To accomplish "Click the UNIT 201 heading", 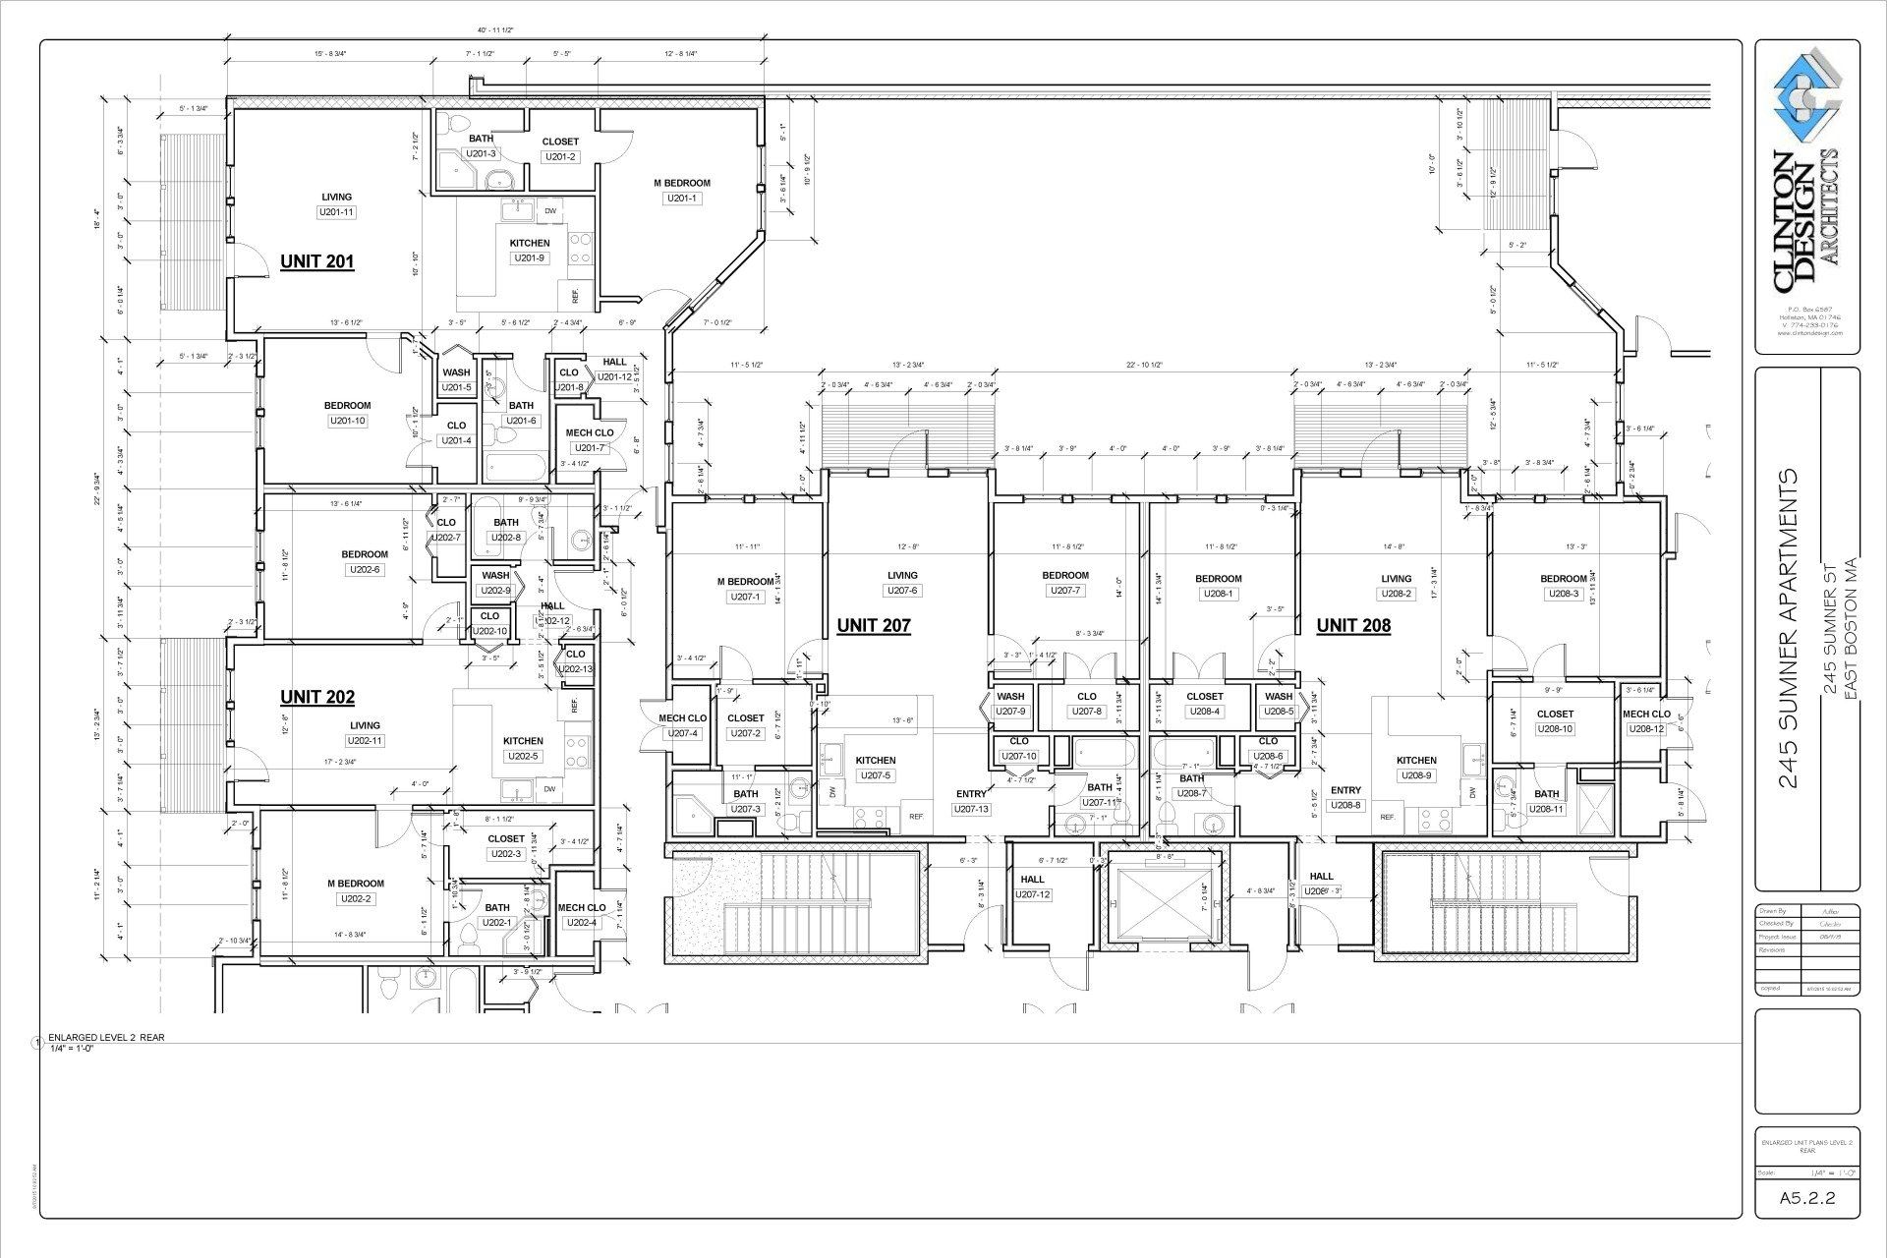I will [316, 261].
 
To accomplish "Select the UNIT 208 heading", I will [1353, 625].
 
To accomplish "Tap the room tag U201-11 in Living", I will [336, 212].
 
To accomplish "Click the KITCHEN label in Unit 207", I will [875, 760].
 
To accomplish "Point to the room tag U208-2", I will [1396, 594].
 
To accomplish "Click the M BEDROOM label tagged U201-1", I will [681, 183].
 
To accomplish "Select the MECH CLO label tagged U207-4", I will [682, 718].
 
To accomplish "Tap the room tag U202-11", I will [364, 741].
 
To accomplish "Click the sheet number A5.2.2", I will [1807, 1198].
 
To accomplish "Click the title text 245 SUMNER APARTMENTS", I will [1789, 629].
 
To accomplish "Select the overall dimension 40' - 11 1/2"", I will [494, 31].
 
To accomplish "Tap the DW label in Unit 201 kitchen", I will [550, 211].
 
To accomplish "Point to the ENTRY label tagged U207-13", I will [970, 794].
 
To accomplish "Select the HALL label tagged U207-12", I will [1032, 880].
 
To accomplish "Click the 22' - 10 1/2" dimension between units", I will [1144, 365].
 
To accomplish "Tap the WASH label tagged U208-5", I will [1279, 697].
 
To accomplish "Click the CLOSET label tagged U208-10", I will [1555, 715].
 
